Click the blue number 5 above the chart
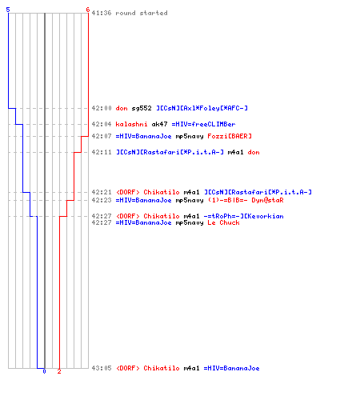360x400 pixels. click(x=8, y=10)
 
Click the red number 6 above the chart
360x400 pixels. click(x=88, y=10)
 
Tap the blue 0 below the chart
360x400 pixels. click(x=44, y=371)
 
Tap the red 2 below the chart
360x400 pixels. click(x=59, y=371)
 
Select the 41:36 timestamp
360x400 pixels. click(x=102, y=13)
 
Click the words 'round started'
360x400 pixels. click(x=142, y=13)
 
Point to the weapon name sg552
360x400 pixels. click(x=142, y=108)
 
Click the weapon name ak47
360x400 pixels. click(x=159, y=124)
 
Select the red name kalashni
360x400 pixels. click(x=131, y=124)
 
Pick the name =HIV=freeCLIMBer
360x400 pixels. click(x=203, y=124)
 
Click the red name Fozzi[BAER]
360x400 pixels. click(x=230, y=136)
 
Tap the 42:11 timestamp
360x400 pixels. click(x=102, y=152)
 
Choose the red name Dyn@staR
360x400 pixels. click(x=267, y=200)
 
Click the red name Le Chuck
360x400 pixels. click(x=223, y=222)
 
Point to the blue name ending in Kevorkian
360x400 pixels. click(x=243, y=216)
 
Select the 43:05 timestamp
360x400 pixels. click(x=102, y=368)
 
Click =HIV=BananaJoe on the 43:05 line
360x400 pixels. click(x=231, y=368)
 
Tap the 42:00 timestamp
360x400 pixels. click(x=102, y=108)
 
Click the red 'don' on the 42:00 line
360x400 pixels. click(x=122, y=108)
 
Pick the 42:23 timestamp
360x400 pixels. click(x=102, y=200)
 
